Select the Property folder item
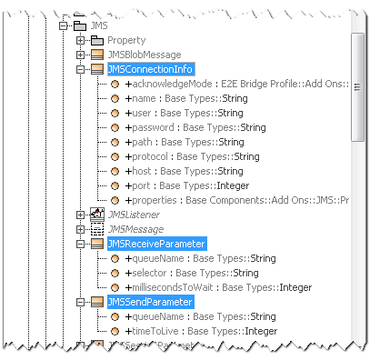pos(125,41)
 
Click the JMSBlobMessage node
pos(144,55)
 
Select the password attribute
pos(196,128)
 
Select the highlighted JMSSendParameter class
pos(150,302)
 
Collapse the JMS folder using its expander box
pos(64,26)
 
